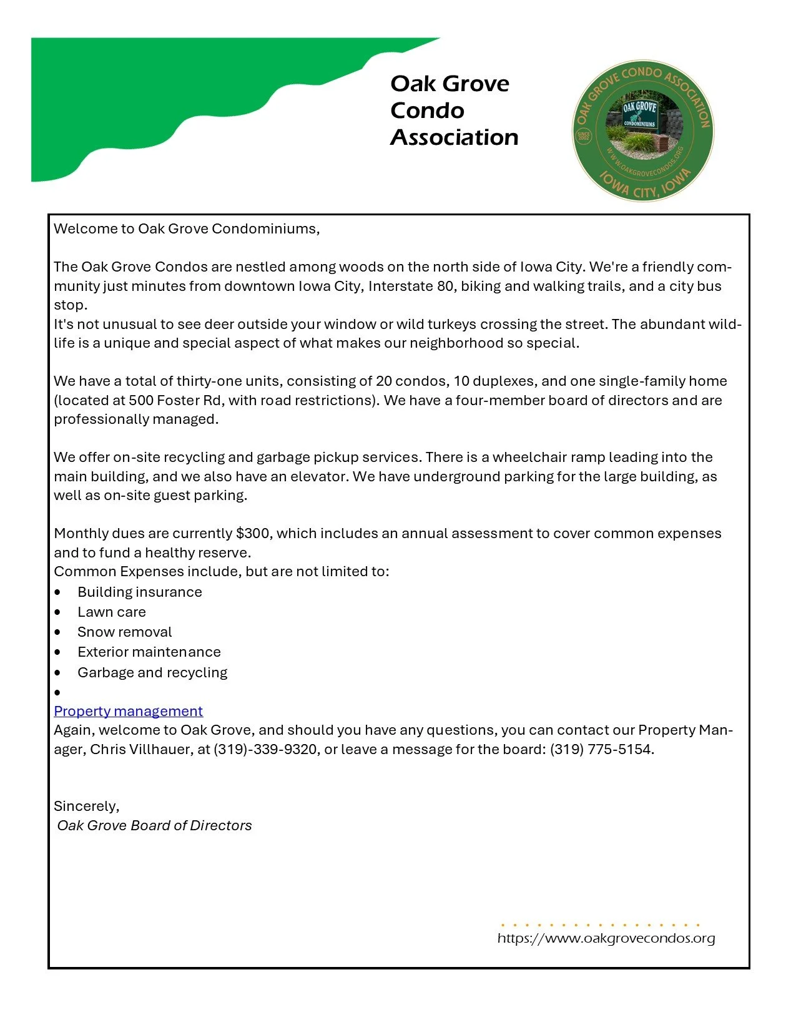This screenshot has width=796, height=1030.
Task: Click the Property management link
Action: pyautogui.click(x=128, y=711)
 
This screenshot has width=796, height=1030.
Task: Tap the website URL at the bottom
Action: pyautogui.click(x=606, y=938)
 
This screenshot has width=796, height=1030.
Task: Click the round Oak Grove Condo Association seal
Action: pyautogui.click(x=643, y=130)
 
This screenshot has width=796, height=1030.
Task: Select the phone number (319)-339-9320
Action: pyautogui.click(x=265, y=749)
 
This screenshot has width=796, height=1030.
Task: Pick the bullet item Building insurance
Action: pyautogui.click(x=139, y=592)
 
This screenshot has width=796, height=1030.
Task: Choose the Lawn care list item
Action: pyautogui.click(x=111, y=612)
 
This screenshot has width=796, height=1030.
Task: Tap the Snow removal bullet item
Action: pyautogui.click(x=124, y=632)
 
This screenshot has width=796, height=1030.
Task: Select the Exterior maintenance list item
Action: pyautogui.click(x=149, y=652)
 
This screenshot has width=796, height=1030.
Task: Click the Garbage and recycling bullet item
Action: pyautogui.click(x=152, y=672)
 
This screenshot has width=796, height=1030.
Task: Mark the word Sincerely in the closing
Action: pyautogui.click(x=86, y=806)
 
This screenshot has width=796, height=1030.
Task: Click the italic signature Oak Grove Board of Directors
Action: pyautogui.click(x=154, y=825)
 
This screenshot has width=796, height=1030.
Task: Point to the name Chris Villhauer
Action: pyautogui.click(x=142, y=749)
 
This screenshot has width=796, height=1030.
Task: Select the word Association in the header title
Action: pyautogui.click(x=454, y=137)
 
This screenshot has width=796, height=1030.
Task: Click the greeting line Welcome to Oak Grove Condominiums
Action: pyautogui.click(x=186, y=228)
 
